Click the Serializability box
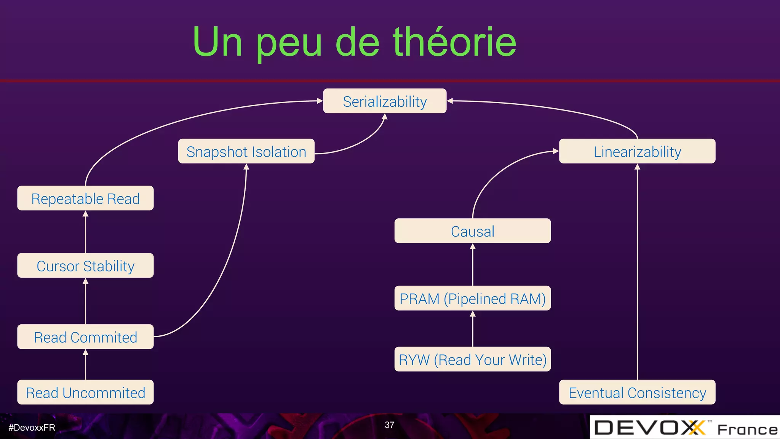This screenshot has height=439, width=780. coord(385,101)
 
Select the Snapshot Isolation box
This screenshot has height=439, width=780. coord(246,152)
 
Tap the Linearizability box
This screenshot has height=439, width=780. coord(637,152)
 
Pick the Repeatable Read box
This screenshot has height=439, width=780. coord(85,199)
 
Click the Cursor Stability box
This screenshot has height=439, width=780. coord(85,266)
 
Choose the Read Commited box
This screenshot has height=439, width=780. coord(85,337)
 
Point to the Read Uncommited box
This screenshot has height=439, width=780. coord(85,393)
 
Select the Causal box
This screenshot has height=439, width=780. coord(472,231)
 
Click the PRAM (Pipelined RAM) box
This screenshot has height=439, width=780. coord(472,298)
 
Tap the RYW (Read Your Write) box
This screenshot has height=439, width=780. coord(472,359)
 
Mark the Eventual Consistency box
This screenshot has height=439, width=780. coord(637,393)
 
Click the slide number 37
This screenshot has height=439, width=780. coord(389,425)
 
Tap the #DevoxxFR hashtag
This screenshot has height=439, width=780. coord(32,428)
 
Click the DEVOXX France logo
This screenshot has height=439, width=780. coord(685,428)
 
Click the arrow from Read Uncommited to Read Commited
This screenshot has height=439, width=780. coord(85,365)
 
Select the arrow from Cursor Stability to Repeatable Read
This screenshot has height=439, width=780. coord(85,232)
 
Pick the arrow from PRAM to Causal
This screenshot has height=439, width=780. coord(473,265)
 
